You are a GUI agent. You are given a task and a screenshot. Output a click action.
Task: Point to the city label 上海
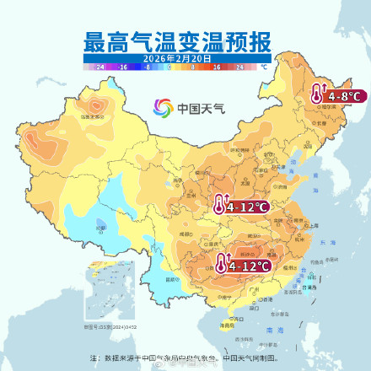pyautogui.click(x=314, y=226)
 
